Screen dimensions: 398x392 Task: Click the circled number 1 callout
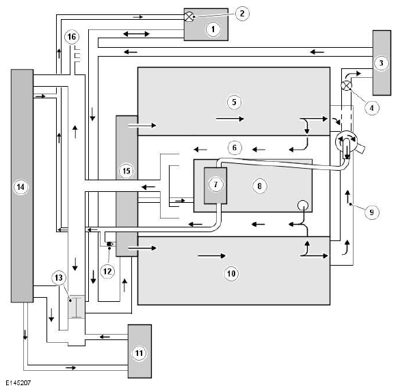coord(213,29)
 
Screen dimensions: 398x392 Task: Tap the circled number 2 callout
coord(242,14)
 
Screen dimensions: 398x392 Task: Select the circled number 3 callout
coord(382,63)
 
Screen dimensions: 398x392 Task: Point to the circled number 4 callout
coord(371,108)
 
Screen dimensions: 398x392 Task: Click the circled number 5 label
coord(234,102)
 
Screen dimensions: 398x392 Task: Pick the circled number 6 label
coord(235,148)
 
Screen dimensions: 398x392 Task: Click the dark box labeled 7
coord(215,186)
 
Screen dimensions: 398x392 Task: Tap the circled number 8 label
coord(259,186)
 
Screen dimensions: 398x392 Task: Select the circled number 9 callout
coord(371,212)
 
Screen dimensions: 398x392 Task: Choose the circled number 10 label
coord(231,274)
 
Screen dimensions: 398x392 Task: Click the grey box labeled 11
coord(140,351)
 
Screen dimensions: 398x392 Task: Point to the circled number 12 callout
coord(107,272)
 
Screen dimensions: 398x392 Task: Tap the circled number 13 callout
coord(59,278)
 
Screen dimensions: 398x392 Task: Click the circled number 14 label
coord(21,187)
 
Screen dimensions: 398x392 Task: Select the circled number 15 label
coord(127,171)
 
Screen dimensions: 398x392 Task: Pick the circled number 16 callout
coord(72,37)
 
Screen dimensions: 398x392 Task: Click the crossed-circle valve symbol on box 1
coord(189,17)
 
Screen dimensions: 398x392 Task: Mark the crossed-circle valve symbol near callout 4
coord(346,85)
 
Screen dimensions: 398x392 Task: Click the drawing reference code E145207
coord(18,382)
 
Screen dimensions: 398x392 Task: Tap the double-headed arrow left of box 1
coord(136,33)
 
